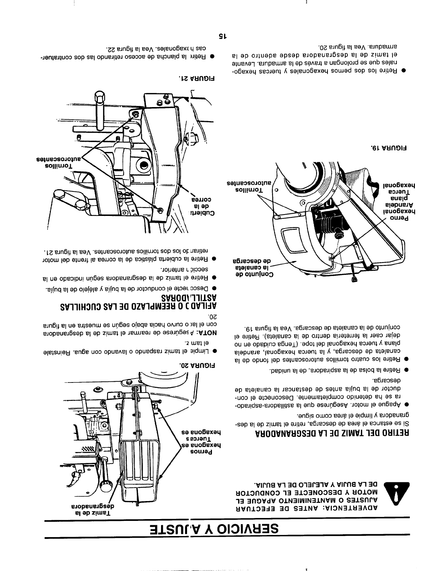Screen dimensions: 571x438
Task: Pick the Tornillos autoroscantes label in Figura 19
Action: click(248, 186)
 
